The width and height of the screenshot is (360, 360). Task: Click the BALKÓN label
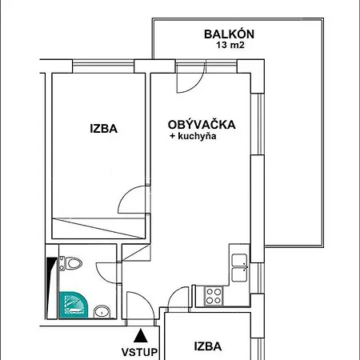pos(229,34)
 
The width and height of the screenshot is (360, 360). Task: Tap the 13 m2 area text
pos(230,45)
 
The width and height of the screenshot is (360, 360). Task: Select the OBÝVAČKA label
pos(202,125)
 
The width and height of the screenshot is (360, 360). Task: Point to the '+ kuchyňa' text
pos(193,136)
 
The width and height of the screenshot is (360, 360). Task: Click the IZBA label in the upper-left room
pos(104,129)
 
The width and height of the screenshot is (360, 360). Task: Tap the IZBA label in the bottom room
pos(208,346)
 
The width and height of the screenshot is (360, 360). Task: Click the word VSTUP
pos(140,352)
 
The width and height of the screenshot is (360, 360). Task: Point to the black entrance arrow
pos(141,336)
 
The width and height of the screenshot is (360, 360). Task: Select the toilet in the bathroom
pos(70,263)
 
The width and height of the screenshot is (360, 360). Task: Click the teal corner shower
pos(73,305)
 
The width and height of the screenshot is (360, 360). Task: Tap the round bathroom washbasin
pos(102,311)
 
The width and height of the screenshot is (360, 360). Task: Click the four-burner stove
pos(214,296)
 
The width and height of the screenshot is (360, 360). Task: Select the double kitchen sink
pos(239,267)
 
